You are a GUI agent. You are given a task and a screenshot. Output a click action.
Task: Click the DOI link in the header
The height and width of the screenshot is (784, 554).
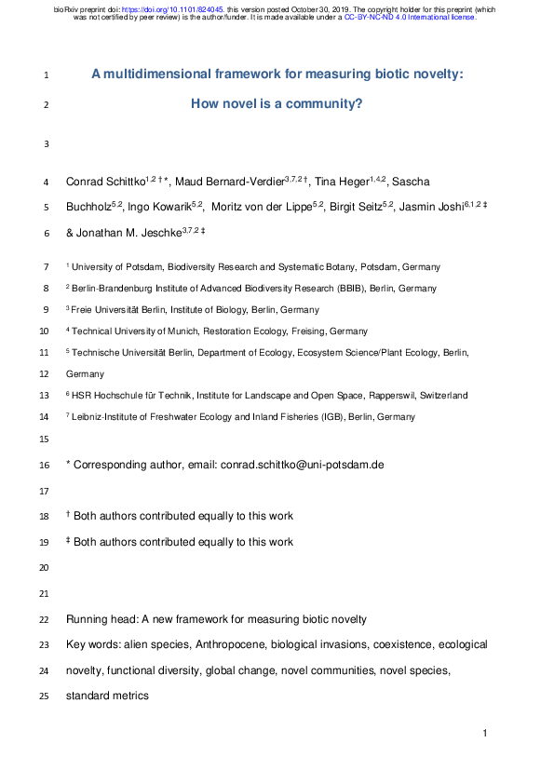point(182,8)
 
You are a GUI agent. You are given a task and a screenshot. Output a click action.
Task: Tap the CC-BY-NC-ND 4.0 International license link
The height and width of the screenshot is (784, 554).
point(410,17)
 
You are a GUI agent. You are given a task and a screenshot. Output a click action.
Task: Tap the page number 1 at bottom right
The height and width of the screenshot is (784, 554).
point(485,735)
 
